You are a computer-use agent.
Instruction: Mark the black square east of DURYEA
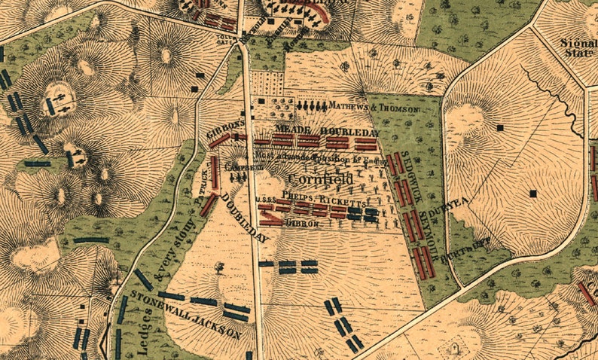click(533, 194)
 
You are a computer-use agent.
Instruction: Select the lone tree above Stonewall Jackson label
click(218, 267)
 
